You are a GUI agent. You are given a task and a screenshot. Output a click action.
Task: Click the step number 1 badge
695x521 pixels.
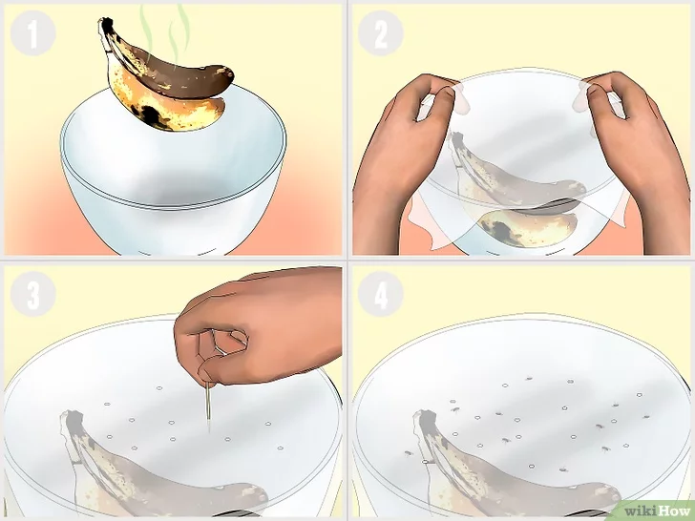click(x=32, y=33)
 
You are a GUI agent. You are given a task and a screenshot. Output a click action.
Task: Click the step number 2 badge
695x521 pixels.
click(x=380, y=33)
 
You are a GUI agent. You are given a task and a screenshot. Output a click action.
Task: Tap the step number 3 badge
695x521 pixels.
click(x=32, y=294)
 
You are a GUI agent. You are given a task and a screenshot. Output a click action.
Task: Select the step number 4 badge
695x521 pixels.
click(x=380, y=294)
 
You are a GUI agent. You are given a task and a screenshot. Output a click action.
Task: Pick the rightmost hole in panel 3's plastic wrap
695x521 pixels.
click(x=280, y=448)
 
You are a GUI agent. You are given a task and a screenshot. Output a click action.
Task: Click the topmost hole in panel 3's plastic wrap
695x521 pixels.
click(x=159, y=388)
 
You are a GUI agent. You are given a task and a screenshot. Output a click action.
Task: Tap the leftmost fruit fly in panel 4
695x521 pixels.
click(x=408, y=453)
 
